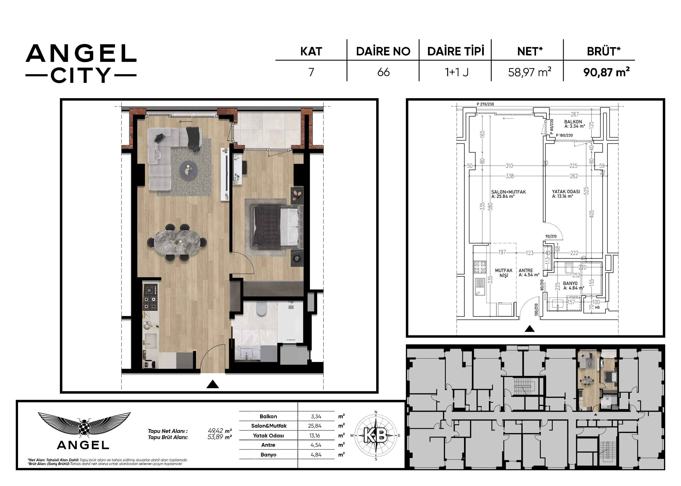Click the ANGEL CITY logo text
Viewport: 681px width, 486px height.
point(81,63)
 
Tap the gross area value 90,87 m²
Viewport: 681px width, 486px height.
point(606,72)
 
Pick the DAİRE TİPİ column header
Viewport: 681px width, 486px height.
point(456,51)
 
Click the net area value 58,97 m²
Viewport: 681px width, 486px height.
point(530,72)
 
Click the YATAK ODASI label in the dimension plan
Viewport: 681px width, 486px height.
point(566,191)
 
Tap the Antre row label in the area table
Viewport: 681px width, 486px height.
point(268,445)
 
